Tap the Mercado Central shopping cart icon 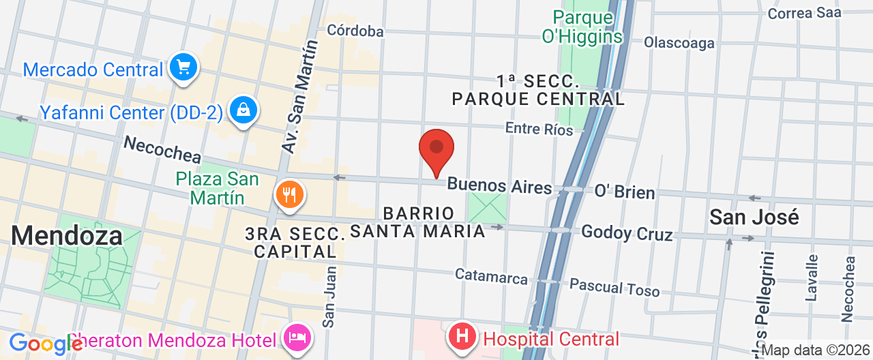(183, 67)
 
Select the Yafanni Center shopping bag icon (242, 110)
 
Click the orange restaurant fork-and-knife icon (290, 195)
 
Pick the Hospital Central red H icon (462, 337)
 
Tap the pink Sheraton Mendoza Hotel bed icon (297, 337)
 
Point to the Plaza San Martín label (217, 188)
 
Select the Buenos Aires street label (499, 185)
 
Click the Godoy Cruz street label (627, 233)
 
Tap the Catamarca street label (491, 276)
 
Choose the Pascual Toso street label (615, 287)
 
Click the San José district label (754, 217)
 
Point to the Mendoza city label (67, 236)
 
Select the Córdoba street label (355, 31)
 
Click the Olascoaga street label (679, 43)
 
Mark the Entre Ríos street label (539, 128)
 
